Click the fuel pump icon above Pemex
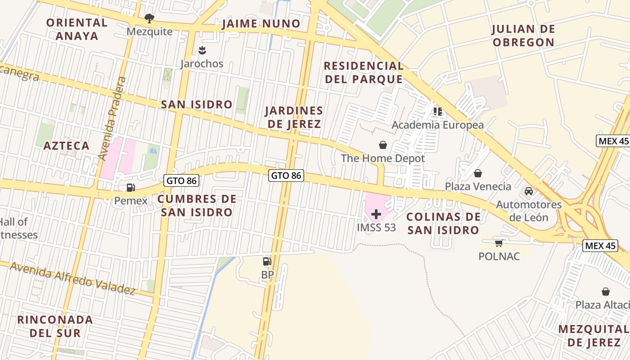pos(130,188)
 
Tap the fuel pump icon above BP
pos(267,261)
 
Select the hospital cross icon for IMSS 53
pos(376,214)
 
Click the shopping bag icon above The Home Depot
pos(383,145)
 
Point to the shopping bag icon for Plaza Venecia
pos(478,173)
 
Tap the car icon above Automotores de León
pos(529,191)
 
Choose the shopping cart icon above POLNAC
pos(499,243)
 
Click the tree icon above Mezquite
pos(149,18)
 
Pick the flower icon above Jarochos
pos(202,50)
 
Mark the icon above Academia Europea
pos(437,111)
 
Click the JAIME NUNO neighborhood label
pos(261,24)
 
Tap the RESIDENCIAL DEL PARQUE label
pos(364,72)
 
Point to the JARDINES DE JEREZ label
pos(293,117)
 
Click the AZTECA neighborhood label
pos(67,146)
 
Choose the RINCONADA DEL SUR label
pos(55,326)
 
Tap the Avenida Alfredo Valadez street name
pos(72,278)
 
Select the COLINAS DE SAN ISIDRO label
pos(443,224)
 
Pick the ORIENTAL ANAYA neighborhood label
pos(77,29)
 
